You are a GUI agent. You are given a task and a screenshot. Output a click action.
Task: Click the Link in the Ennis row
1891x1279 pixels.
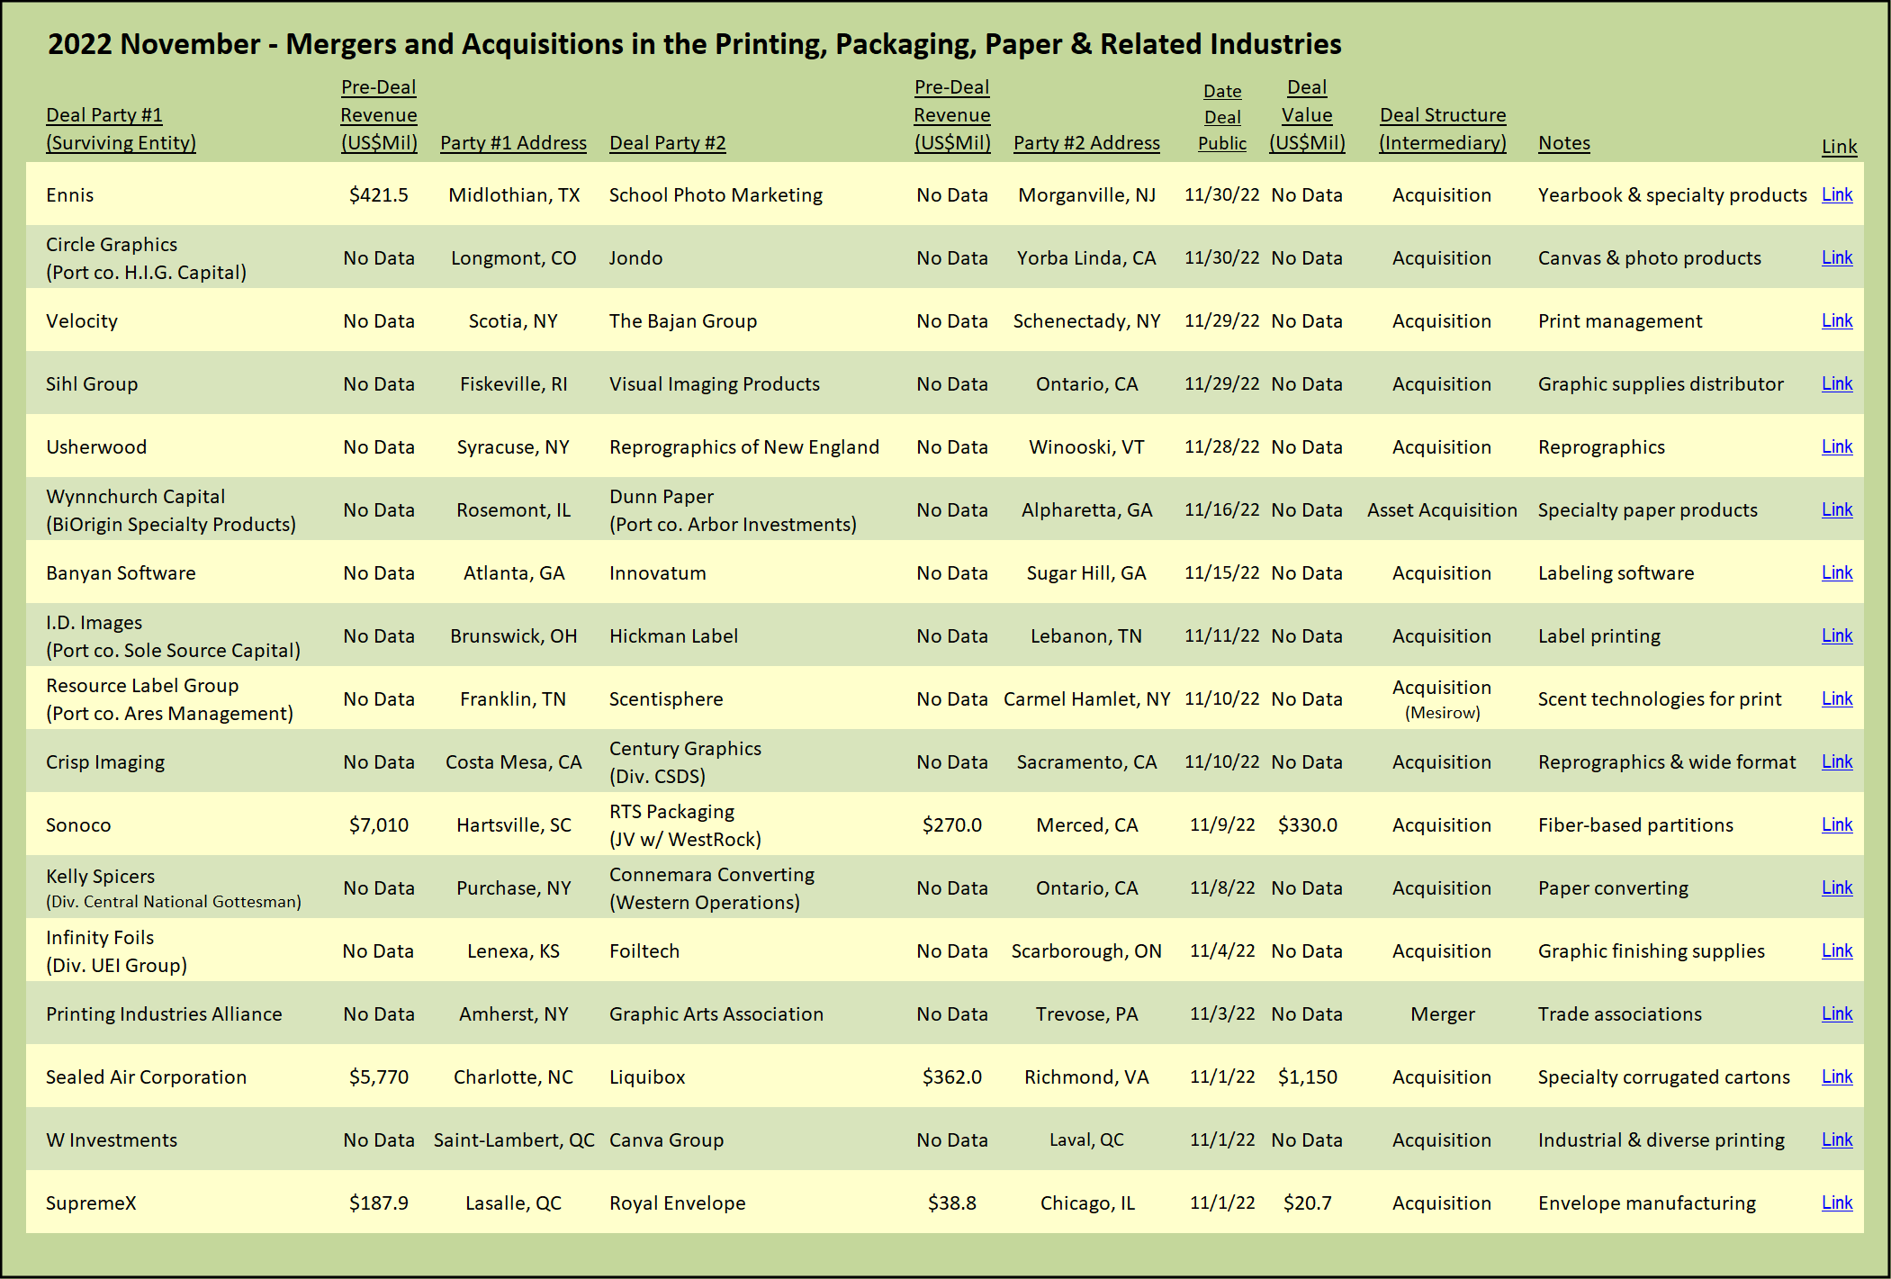point(1836,194)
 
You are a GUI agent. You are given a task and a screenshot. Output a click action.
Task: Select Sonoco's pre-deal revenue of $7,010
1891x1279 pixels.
point(379,825)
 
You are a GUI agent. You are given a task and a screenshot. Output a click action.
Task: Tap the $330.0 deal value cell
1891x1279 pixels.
point(1307,825)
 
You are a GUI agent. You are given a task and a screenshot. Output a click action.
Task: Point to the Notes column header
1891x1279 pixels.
point(1563,143)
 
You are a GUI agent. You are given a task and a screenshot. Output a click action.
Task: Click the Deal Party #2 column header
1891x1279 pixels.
point(667,143)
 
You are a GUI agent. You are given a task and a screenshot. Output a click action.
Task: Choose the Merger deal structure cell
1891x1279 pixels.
point(1442,1014)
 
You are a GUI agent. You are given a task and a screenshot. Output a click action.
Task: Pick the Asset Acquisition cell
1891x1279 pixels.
point(1442,510)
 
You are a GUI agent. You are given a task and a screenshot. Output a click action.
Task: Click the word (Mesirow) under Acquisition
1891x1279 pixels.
point(1442,713)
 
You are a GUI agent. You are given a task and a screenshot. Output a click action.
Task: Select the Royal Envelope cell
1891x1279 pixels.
point(677,1203)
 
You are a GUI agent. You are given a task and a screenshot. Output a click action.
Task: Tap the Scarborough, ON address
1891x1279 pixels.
point(1086,951)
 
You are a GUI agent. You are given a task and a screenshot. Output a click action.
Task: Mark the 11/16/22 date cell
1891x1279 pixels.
point(1221,510)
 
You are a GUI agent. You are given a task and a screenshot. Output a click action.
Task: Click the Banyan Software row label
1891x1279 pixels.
point(121,573)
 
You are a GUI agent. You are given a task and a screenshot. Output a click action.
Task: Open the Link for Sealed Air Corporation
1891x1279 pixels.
point(1836,1076)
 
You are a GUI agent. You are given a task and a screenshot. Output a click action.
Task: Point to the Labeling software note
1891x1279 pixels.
point(1616,573)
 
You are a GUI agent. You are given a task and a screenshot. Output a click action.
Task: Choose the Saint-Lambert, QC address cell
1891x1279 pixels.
point(514,1140)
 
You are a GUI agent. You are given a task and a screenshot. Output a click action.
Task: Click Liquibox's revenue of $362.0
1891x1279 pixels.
point(951,1077)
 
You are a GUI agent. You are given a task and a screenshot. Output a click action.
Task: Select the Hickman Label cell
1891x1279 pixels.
point(673,636)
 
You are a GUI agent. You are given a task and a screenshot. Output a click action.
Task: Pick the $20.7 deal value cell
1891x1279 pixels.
point(1307,1203)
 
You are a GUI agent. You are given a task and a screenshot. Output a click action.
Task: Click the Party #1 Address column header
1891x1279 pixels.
point(513,143)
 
